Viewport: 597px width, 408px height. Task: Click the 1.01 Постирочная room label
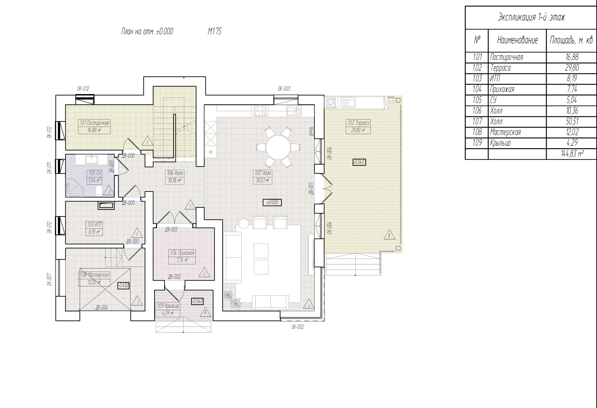point(94,123)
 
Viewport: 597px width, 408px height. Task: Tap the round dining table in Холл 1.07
point(278,148)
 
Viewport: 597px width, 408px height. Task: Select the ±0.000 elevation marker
point(272,202)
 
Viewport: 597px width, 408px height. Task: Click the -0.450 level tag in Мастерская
point(123,285)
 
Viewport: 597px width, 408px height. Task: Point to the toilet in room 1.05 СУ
point(99,191)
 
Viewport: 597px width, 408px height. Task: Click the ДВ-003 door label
point(171,229)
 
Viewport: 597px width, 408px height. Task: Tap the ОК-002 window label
point(298,327)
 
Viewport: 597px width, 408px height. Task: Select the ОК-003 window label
point(284,89)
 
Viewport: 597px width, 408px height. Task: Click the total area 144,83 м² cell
point(572,154)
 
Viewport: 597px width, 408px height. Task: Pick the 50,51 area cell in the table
point(572,121)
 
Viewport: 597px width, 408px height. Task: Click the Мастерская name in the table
point(505,132)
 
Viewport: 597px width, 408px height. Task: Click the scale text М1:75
point(215,31)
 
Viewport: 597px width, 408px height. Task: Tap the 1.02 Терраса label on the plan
point(358,123)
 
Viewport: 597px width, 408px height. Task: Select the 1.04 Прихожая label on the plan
point(182,253)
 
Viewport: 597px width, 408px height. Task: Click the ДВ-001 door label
point(311,188)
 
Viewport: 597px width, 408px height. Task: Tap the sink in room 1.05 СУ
point(91,159)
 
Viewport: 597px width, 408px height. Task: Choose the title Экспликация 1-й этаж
point(531,17)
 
